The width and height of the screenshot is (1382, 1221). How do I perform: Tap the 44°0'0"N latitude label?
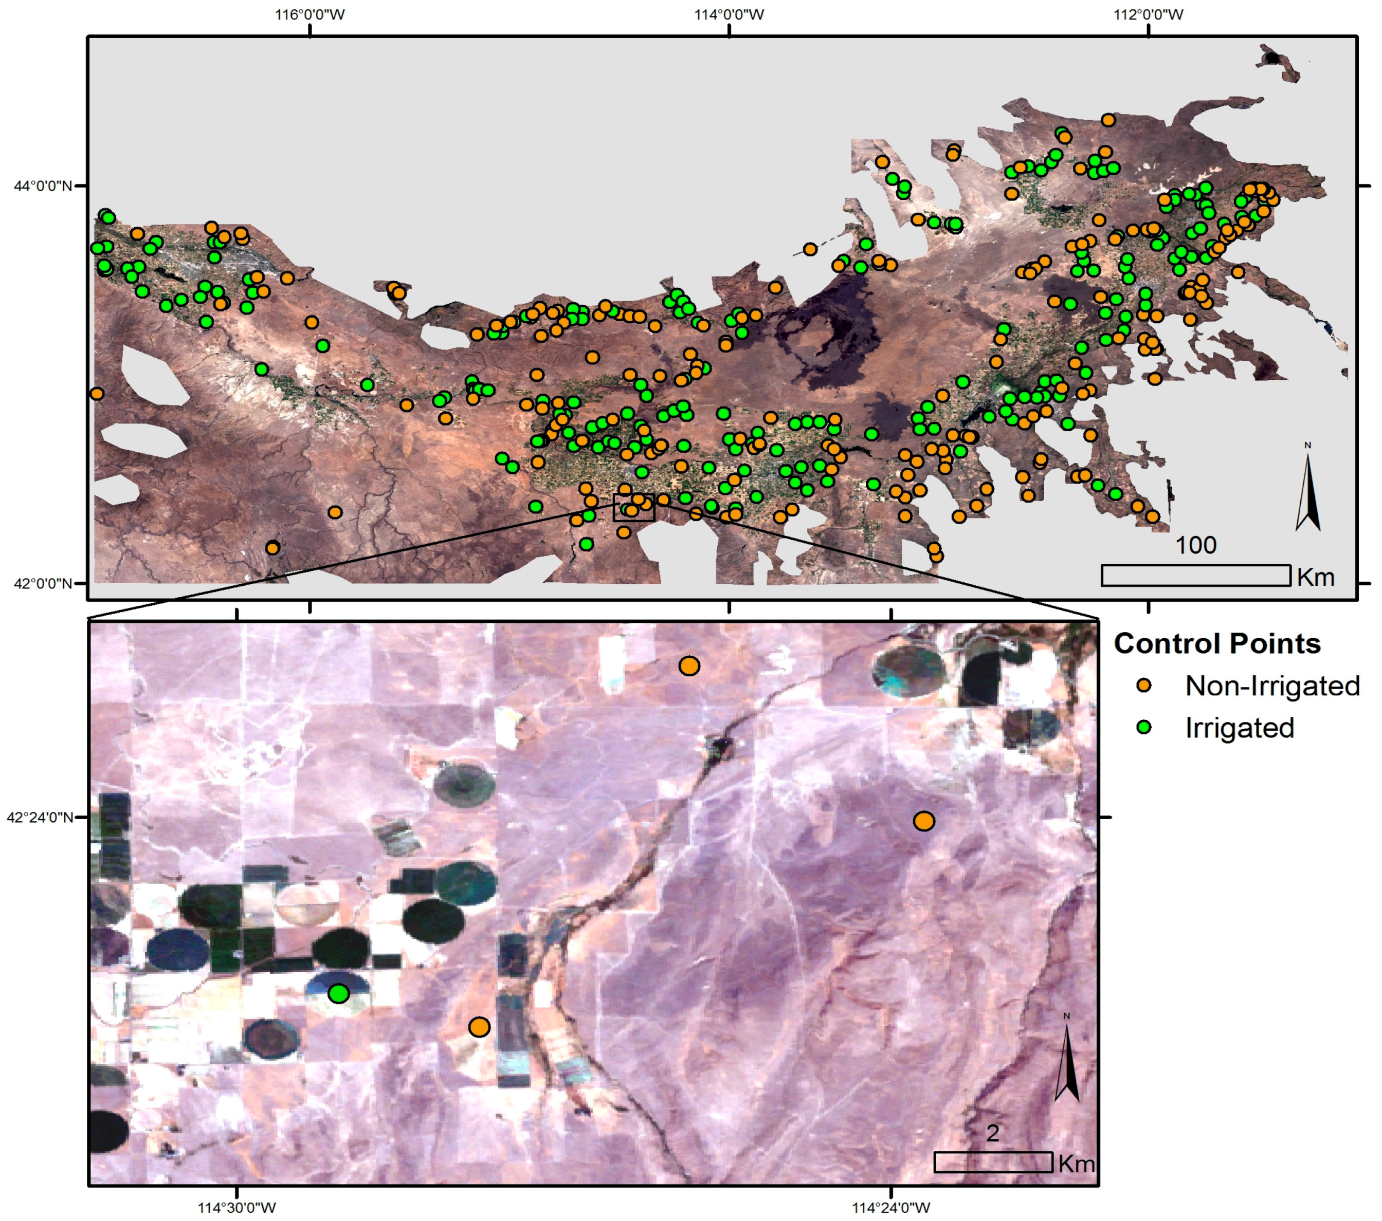[x=43, y=185]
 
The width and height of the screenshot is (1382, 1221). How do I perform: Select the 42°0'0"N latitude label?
[x=43, y=582]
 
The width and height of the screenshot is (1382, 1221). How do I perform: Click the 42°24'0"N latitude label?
[x=40, y=817]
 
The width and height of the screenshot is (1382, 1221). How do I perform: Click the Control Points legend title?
[x=1217, y=643]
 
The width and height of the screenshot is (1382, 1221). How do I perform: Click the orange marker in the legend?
[x=1144, y=686]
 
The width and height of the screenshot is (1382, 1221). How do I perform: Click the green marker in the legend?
[x=1144, y=728]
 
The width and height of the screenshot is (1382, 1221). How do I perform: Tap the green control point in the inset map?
[x=339, y=993]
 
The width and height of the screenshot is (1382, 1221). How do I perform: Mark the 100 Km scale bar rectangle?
[x=1195, y=575]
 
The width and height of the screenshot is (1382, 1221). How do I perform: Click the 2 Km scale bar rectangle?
[x=993, y=1162]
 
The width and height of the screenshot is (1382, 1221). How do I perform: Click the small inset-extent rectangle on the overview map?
[x=633, y=507]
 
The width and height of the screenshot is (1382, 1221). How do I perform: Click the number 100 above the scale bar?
[x=1195, y=545]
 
